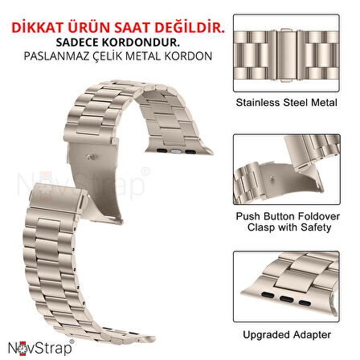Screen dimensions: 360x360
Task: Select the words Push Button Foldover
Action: click(294, 216)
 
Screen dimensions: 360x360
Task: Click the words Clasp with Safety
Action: click(294, 228)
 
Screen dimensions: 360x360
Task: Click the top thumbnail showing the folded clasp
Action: click(294, 48)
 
